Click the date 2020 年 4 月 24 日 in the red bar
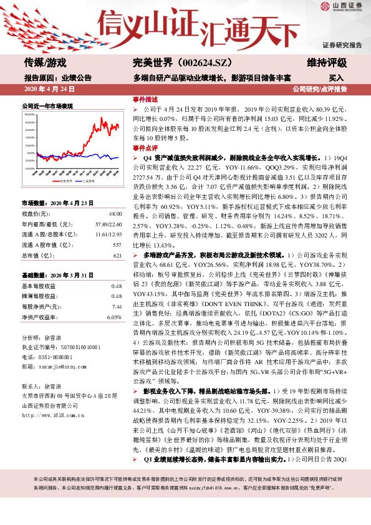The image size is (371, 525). point(49,90)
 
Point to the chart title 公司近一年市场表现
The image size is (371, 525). point(47,107)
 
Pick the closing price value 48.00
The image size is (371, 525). point(114,213)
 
